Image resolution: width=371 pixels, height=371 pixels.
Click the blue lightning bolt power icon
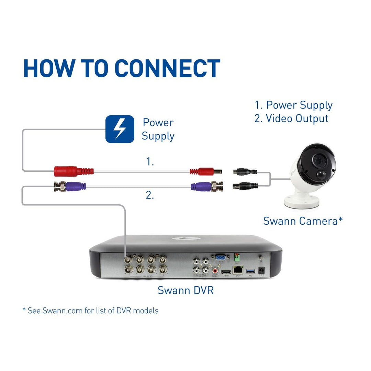click(120, 129)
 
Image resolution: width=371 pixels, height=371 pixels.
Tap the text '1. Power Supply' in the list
click(294, 105)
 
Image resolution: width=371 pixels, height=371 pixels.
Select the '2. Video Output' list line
click(291, 119)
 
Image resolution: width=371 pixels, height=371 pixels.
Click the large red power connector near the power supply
click(74, 171)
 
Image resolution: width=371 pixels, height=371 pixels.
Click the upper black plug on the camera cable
click(245, 171)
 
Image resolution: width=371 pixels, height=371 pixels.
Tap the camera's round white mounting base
click(302, 202)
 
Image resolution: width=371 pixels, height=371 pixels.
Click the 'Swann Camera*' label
click(303, 221)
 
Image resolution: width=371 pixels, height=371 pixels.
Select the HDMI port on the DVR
click(226, 272)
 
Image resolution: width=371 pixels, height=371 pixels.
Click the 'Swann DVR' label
click(185, 290)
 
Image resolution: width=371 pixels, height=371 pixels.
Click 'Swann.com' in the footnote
click(63, 311)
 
